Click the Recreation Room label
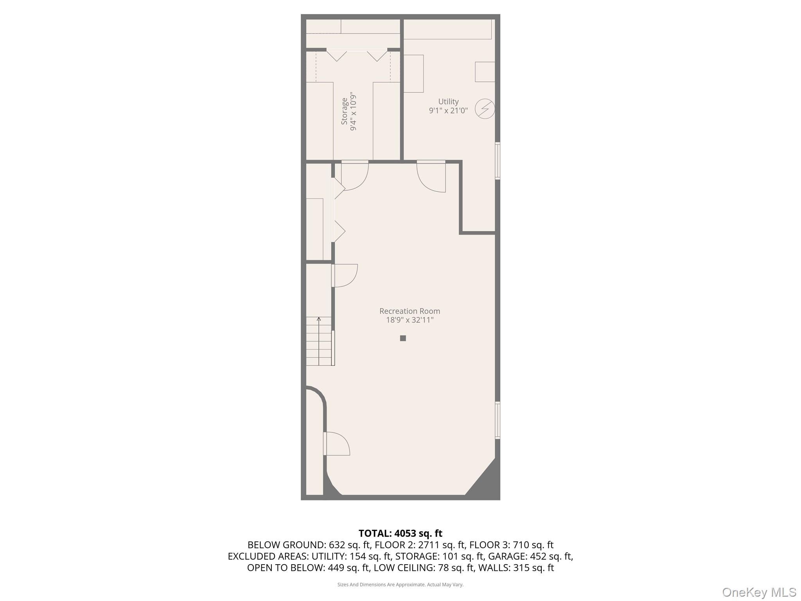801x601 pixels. pos(409,311)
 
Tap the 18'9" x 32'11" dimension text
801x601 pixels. pos(409,320)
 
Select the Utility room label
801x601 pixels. pos(448,102)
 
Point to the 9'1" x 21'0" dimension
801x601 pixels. pos(448,110)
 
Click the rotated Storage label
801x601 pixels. pos(344,112)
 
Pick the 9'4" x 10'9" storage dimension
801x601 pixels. pos(354,112)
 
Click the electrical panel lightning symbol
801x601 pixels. pos(485,108)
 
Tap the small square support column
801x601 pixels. pos(403,338)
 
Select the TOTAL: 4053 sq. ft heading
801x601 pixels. pos(400,533)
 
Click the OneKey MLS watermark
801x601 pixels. pos(759,592)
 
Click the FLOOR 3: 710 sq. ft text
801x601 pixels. pos(511,545)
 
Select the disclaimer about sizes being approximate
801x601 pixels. pos(400,585)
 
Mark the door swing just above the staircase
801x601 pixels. pos(345,275)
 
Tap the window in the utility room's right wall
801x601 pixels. pos(497,161)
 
